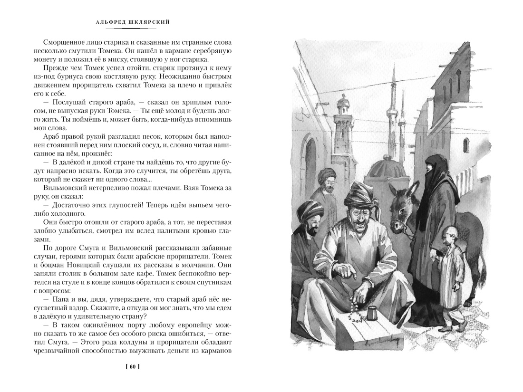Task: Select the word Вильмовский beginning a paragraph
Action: pyautogui.click(x=65, y=187)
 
